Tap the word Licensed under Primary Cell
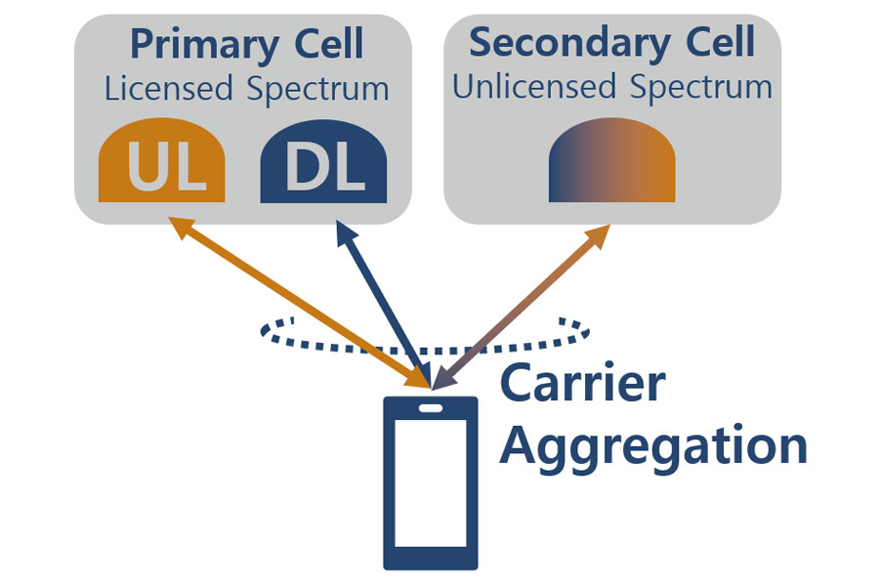pyautogui.click(x=168, y=89)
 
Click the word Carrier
pyautogui.click(x=582, y=384)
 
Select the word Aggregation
pyautogui.click(x=653, y=446)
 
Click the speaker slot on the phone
pyautogui.click(x=431, y=408)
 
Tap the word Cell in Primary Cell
pyautogui.click(x=327, y=45)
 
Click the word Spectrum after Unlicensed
pyautogui.click(x=700, y=87)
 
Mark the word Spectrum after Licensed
pyautogui.click(x=317, y=89)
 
